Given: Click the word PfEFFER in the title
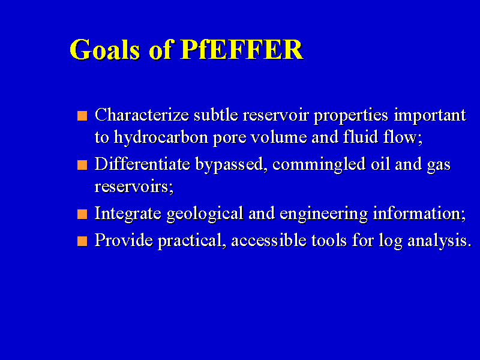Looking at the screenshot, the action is coord(242,49).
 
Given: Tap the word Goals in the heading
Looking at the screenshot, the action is coord(105,49).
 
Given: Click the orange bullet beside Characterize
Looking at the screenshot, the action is coord(82,116).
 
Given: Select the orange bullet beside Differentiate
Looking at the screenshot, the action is coord(82,165).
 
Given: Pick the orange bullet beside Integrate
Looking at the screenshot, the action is coord(82,214).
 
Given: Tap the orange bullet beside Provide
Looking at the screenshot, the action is coord(82,241).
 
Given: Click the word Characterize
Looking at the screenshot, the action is coord(142,115).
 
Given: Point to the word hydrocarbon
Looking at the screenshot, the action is coord(161,137).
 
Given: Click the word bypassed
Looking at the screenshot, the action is coord(229,164).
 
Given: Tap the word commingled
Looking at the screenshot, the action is coord(319,164).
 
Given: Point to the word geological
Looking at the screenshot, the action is coord(205,214).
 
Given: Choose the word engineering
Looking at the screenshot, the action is coord(323,214).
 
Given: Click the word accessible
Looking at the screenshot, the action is coord(269,240).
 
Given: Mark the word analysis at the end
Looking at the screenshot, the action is coord(439,241).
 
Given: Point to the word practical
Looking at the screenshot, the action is coord(192,241).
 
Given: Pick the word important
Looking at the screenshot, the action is coord(430,116).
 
